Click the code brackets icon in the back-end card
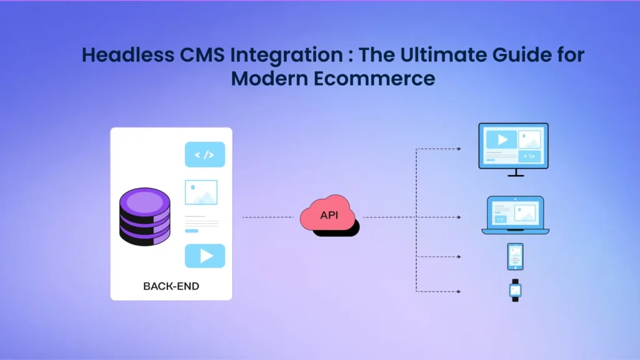tap(204, 154)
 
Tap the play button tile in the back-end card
tap(204, 256)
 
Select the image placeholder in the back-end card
tap(201, 192)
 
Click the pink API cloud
tap(328, 216)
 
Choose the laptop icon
tap(515, 214)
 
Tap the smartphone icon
tap(515, 256)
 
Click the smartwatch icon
tap(515, 290)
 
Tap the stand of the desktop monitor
tap(515, 173)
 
